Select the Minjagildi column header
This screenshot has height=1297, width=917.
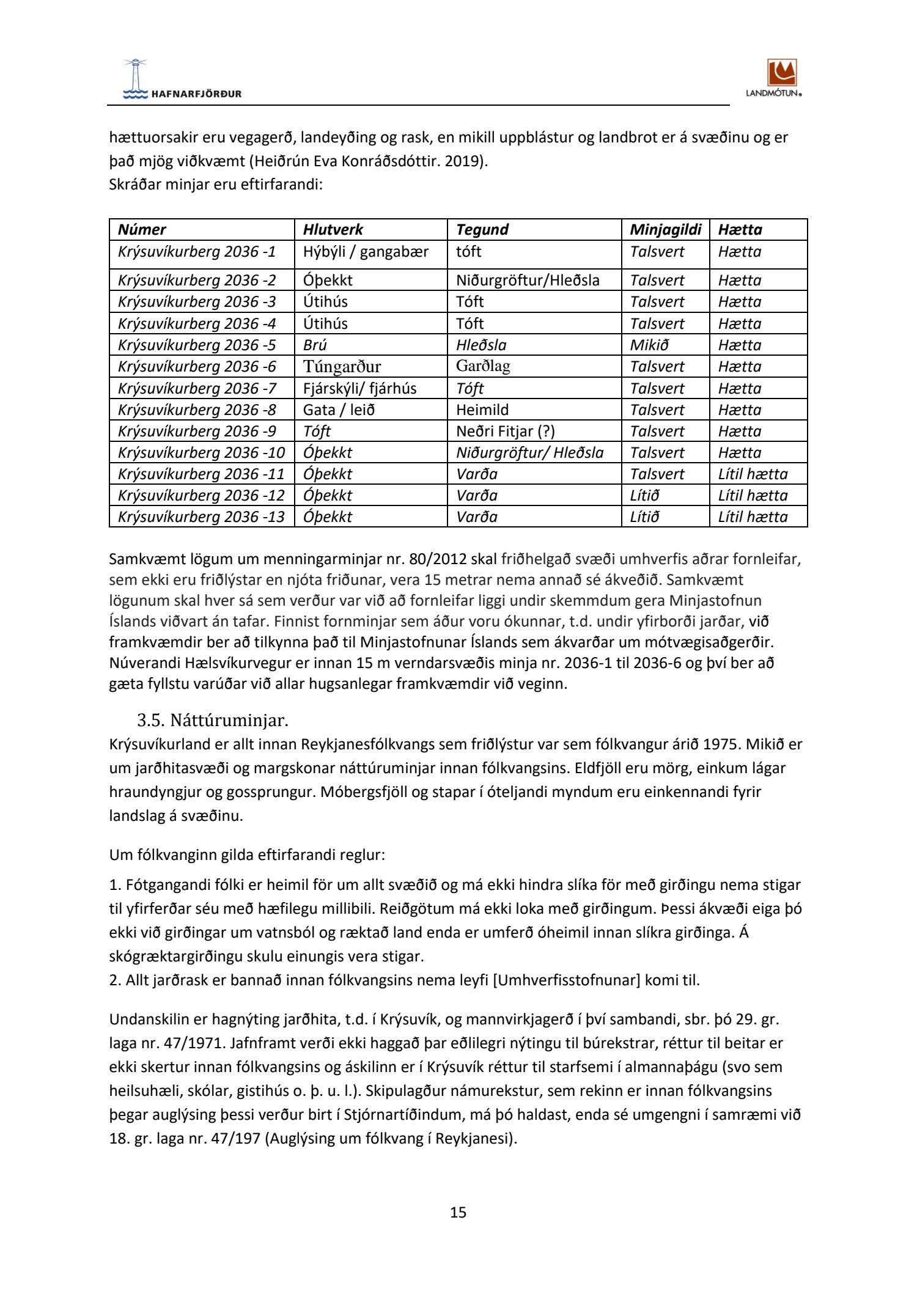(666, 230)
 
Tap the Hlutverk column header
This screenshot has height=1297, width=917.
(333, 230)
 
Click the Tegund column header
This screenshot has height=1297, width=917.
(482, 230)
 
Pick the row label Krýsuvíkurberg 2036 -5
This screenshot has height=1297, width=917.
(197, 345)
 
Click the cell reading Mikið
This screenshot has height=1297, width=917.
(649, 345)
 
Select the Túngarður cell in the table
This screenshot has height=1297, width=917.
(342, 367)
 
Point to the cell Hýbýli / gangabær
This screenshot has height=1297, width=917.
(366, 252)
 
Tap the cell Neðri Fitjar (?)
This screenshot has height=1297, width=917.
(505, 432)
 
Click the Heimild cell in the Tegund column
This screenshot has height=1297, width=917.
(482, 410)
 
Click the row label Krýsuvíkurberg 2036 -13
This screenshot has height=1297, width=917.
(201, 517)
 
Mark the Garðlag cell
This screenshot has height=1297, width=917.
(483, 367)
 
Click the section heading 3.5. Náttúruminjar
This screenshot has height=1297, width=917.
(212, 721)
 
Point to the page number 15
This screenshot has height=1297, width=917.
(458, 1213)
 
